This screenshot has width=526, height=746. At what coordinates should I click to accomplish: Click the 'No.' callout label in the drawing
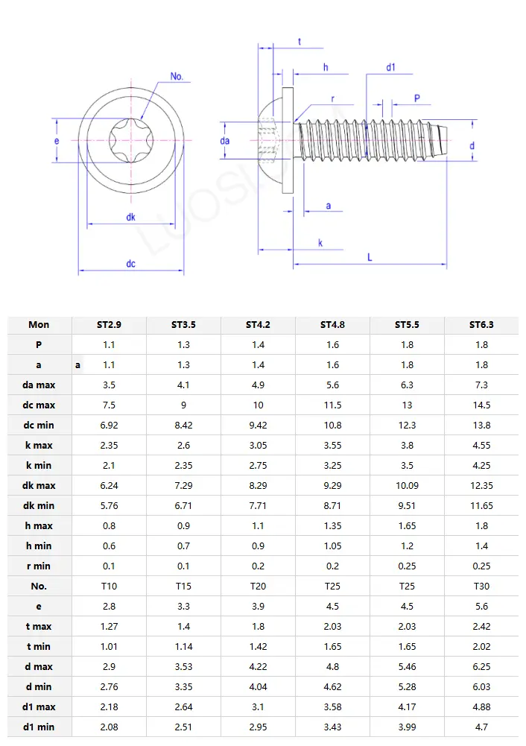tap(177, 77)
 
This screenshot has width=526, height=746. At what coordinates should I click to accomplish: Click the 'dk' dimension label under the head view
tap(130, 217)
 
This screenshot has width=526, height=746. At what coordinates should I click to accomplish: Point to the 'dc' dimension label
tap(130, 264)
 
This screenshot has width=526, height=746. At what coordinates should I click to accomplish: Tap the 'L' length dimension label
tap(370, 256)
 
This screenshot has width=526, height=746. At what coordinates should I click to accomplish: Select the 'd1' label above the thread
tap(390, 68)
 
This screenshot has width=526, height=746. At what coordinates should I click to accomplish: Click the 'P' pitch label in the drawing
tap(416, 98)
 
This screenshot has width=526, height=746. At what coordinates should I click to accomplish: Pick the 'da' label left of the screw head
tap(225, 141)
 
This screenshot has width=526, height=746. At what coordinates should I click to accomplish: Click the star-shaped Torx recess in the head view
tap(130, 139)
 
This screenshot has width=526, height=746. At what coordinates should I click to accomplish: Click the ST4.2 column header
tap(258, 325)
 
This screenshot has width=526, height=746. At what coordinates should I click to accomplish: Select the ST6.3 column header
tap(481, 325)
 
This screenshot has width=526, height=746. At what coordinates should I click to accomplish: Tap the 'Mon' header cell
tap(39, 325)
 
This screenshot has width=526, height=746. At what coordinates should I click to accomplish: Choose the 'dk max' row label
tap(39, 486)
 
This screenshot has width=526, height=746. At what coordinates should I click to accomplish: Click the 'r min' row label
tap(39, 566)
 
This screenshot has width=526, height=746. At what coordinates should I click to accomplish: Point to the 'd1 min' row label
tap(39, 727)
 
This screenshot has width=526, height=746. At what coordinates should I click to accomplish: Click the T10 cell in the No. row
tap(109, 587)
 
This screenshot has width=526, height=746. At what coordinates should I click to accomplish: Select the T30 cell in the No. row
tap(481, 587)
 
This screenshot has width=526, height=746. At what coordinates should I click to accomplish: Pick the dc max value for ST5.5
tap(407, 405)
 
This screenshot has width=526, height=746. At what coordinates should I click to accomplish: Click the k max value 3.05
tap(258, 446)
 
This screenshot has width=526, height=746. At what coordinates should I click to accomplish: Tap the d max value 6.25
tap(481, 667)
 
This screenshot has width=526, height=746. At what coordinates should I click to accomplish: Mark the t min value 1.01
tap(109, 647)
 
